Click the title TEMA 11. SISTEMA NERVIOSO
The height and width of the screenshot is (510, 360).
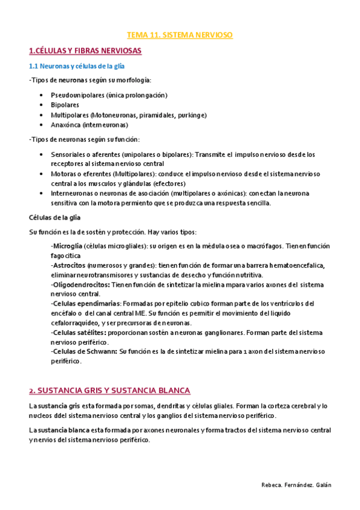(x=180, y=35)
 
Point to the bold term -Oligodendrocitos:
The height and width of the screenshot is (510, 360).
(x=81, y=284)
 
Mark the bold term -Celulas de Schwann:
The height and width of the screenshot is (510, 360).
(x=84, y=352)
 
